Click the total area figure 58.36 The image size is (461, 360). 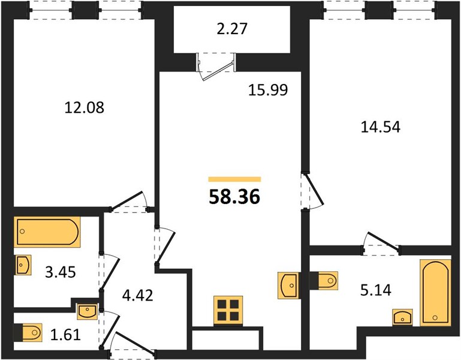tap(234, 197)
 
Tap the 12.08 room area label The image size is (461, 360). tap(84, 107)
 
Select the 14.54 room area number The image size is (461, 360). tap(381, 127)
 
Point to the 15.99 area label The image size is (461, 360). tap(268, 90)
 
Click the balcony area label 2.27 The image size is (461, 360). tap(232, 29)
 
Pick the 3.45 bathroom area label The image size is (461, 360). tap(61, 272)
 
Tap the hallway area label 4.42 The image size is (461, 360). tap(138, 295)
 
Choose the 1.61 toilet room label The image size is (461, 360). tap(65, 335)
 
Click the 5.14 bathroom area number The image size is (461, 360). tap(376, 290)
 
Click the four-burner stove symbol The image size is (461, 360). tap(228, 311)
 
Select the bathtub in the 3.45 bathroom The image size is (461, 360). tap(47, 232)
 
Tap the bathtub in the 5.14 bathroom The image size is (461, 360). tap(435, 293)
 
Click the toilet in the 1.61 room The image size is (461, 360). tap(28, 333)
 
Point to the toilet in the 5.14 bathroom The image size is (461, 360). tap(324, 281)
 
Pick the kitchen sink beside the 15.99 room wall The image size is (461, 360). tap(288, 286)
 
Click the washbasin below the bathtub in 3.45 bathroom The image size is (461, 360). tap(23, 265)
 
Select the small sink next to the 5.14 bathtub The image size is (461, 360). tap(402, 317)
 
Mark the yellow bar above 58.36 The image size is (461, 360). tap(234, 179)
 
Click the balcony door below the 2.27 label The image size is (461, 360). tap(216, 66)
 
